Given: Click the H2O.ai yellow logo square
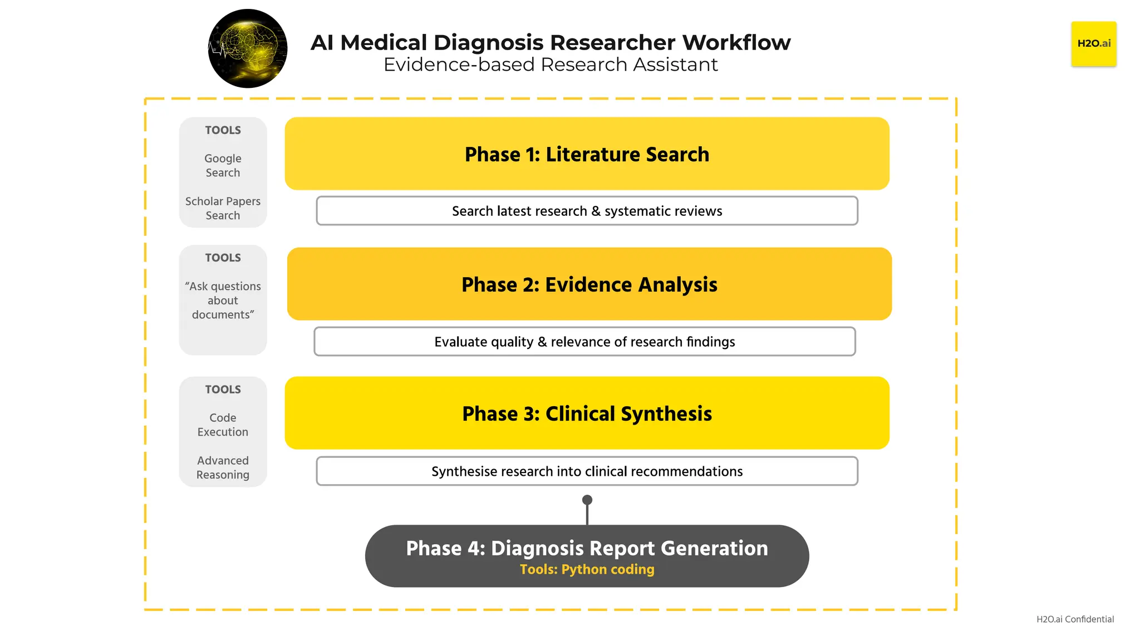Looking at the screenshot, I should (x=1093, y=44).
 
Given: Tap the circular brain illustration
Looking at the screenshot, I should (x=248, y=48).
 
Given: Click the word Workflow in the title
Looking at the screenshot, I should (x=736, y=42).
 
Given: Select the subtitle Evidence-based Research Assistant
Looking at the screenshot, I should (x=551, y=65).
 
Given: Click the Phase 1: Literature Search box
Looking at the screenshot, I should (x=587, y=154).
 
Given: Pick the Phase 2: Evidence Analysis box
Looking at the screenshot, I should (x=589, y=284).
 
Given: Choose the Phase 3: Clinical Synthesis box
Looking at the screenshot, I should (x=587, y=413).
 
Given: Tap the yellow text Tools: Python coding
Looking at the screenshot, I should (x=587, y=570).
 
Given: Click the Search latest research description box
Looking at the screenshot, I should (x=587, y=211).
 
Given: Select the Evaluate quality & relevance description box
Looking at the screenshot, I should (x=584, y=342).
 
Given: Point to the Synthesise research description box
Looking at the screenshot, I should (x=587, y=471).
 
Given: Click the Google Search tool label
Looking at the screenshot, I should (x=223, y=166).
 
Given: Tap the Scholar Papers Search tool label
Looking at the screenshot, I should (x=223, y=208).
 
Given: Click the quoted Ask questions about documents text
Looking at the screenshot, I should (x=223, y=300).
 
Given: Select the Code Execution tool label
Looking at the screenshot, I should (x=223, y=425).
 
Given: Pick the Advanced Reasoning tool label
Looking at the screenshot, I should (x=223, y=467).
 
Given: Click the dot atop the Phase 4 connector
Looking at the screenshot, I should (x=587, y=500).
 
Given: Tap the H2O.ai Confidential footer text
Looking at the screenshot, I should (x=1075, y=619).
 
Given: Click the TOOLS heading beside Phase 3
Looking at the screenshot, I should (x=223, y=389).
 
